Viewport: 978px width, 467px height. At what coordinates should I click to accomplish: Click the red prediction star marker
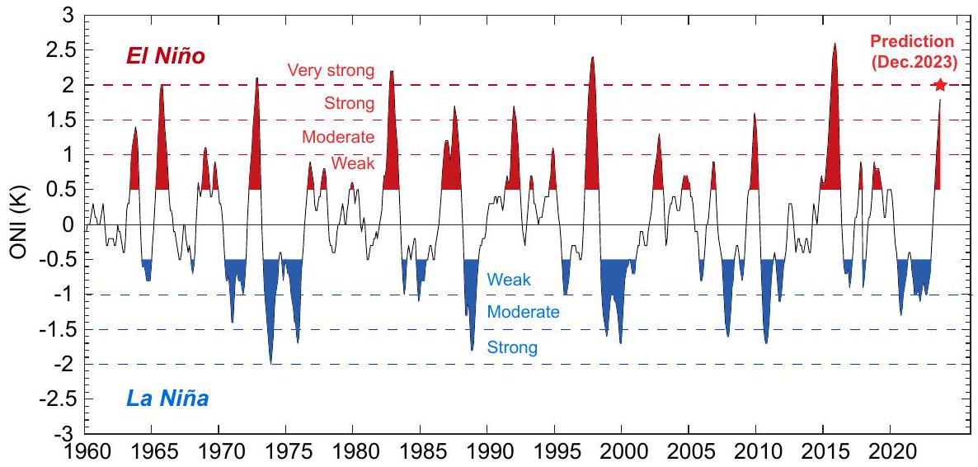point(940,85)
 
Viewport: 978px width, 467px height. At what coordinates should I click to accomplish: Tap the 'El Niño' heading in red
point(165,57)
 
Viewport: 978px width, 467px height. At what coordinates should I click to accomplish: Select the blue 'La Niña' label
point(167,400)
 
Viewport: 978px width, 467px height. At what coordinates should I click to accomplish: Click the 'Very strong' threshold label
point(331,70)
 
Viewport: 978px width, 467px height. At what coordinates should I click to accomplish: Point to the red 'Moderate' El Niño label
point(338,137)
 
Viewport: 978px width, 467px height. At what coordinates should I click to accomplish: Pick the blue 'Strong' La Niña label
point(512,347)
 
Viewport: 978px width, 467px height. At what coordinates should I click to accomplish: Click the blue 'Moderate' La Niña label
point(524,313)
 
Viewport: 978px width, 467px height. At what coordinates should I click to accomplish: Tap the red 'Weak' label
point(353,163)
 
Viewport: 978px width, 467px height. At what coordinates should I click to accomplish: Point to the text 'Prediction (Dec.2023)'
point(924,50)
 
